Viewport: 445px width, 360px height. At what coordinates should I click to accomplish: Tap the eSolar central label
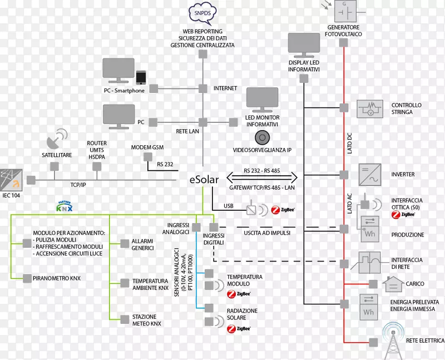[x=204, y=179]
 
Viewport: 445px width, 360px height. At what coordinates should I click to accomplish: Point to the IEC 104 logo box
[x=11, y=178]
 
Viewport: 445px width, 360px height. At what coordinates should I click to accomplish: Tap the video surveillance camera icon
[x=262, y=136]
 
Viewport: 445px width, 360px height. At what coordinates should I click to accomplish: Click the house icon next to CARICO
[x=393, y=284]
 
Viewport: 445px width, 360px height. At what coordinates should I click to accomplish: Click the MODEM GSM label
[x=147, y=147]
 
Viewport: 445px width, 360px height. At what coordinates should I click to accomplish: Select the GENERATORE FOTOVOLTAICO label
[x=343, y=31]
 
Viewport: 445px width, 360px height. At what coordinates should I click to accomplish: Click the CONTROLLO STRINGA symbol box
[x=369, y=109]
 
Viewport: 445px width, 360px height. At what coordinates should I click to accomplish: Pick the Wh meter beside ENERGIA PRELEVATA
[x=368, y=308]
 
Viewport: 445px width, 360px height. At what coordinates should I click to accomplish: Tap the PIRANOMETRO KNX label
[x=57, y=277]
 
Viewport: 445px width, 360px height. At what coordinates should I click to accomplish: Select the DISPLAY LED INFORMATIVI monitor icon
[x=304, y=46]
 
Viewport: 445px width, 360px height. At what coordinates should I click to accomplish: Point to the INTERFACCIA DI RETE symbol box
[x=369, y=262]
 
